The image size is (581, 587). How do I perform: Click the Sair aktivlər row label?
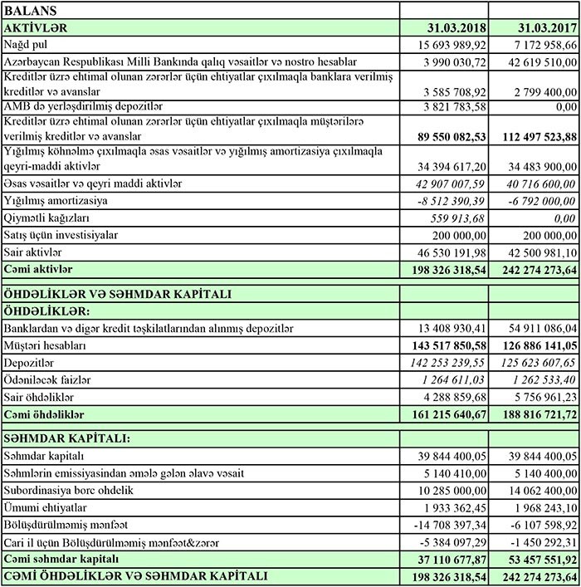click(34, 252)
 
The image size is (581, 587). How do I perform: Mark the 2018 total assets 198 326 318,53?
click(447, 269)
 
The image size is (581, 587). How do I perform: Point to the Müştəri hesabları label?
click(46, 345)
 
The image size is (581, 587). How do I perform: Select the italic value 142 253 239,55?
click(447, 363)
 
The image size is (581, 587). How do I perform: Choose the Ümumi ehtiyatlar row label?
click(46, 507)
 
